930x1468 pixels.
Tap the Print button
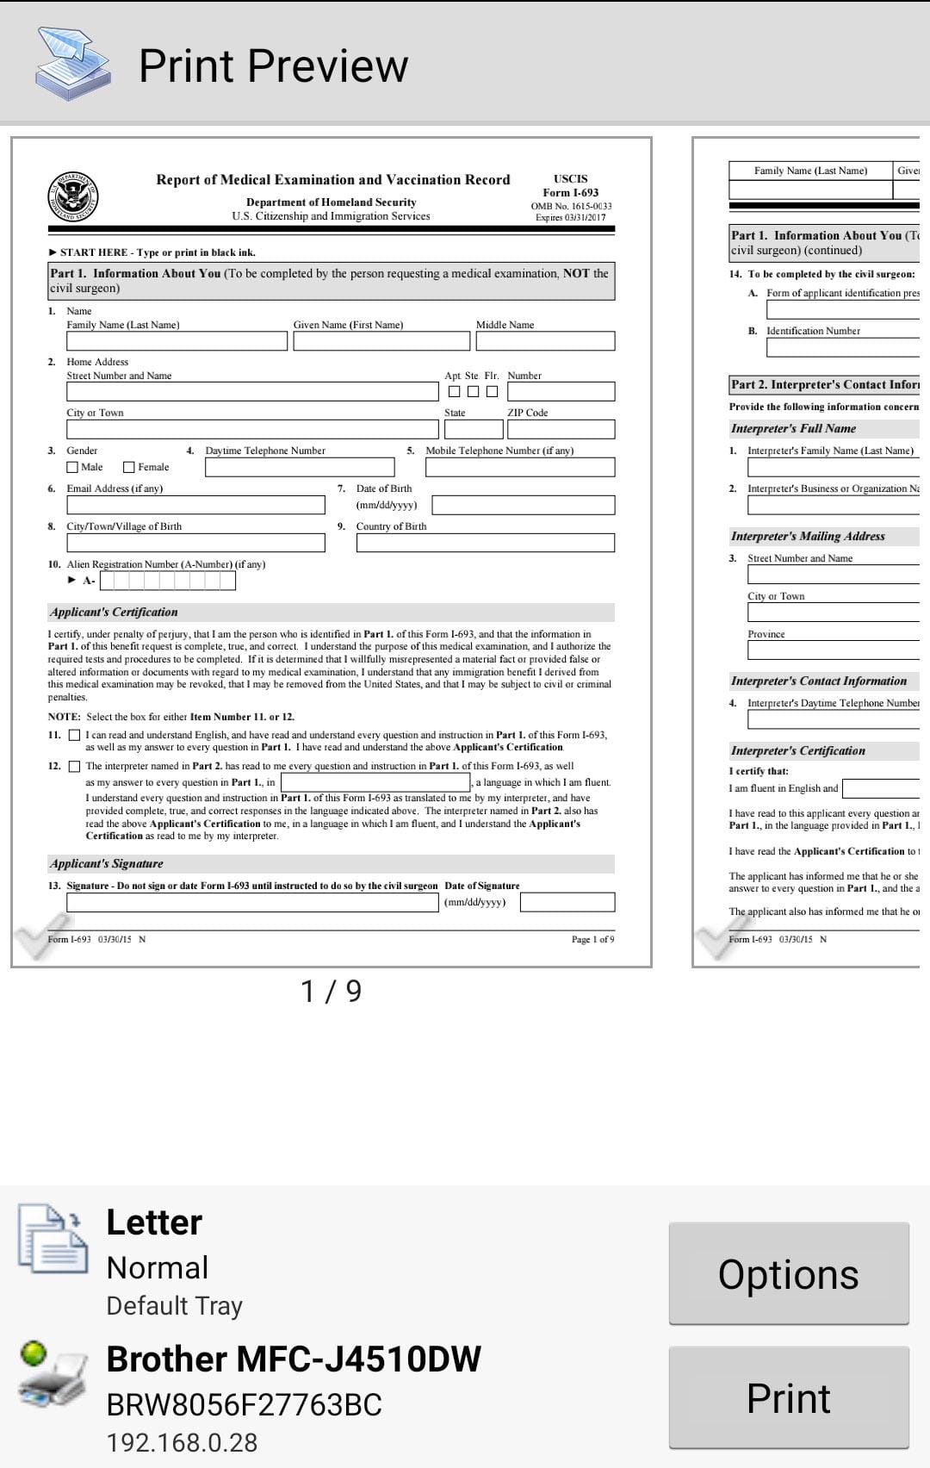point(788,1397)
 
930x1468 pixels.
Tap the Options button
point(788,1273)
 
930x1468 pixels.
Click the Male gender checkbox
point(72,467)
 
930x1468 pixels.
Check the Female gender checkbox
point(129,467)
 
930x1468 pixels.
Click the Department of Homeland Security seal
point(72,196)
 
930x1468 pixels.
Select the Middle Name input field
point(545,341)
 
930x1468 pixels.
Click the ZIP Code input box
point(561,429)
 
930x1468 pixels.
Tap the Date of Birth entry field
point(523,505)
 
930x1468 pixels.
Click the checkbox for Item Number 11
point(74,736)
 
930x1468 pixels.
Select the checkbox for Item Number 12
point(74,767)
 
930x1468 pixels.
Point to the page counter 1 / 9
point(331,992)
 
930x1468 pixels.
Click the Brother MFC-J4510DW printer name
point(293,1359)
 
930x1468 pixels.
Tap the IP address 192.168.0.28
point(182,1443)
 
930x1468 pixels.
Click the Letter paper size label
point(154,1222)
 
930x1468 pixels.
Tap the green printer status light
point(34,1353)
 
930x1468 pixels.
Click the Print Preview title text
point(273,66)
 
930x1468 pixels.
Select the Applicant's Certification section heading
point(114,613)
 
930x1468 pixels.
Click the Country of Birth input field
point(485,543)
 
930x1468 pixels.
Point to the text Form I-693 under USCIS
point(570,193)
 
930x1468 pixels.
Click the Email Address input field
point(195,505)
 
